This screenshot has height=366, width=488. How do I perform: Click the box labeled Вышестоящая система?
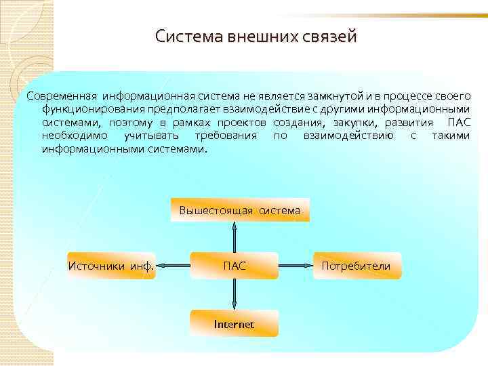coord(239,210)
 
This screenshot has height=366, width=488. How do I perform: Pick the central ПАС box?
coord(235,266)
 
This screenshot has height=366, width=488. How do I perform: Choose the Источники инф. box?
coord(111,266)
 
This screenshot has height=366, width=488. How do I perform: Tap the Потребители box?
coord(357,266)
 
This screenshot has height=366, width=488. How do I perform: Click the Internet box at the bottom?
coord(235,324)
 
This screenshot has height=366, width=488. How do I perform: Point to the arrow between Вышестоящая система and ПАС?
coord(235,237)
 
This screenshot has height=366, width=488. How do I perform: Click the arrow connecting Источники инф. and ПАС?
coord(173,266)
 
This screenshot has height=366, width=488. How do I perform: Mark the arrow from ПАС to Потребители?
coord(296,266)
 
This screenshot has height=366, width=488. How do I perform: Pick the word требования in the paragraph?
coord(226,136)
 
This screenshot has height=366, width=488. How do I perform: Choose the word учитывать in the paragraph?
coord(151,136)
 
